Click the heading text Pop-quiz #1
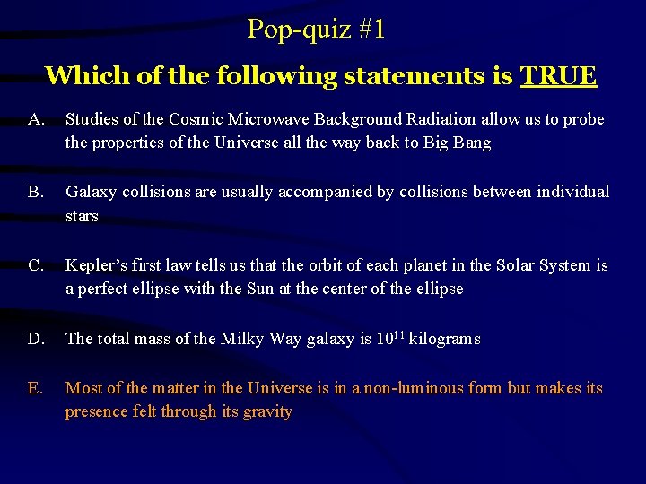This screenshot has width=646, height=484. [x=317, y=30]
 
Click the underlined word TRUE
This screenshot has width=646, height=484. [x=558, y=75]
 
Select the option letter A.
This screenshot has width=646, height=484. [x=36, y=119]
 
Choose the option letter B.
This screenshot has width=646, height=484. [x=36, y=192]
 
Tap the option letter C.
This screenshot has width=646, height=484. [x=36, y=265]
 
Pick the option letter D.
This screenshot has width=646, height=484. [x=36, y=339]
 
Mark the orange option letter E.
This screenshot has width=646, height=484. [x=36, y=388]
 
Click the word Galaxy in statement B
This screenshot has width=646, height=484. [x=90, y=192]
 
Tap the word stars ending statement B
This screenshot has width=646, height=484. [x=82, y=216]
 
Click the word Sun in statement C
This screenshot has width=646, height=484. [x=260, y=289]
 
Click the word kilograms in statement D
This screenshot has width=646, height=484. [x=445, y=339]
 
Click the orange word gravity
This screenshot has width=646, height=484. [x=267, y=411]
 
